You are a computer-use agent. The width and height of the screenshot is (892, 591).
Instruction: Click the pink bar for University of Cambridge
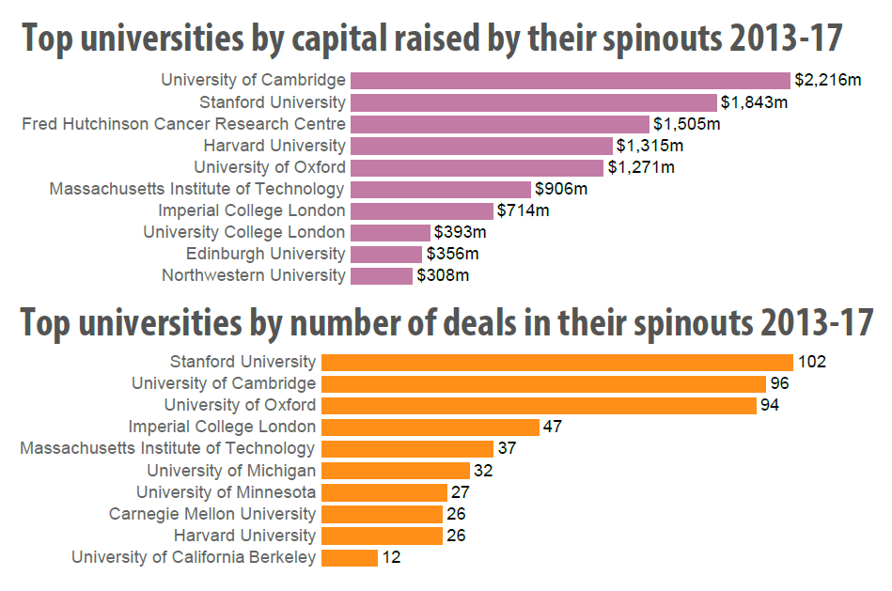point(570,81)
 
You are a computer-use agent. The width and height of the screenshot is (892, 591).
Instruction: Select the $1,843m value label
point(754,102)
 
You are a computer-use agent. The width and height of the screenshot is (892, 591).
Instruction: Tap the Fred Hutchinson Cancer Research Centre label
point(183,124)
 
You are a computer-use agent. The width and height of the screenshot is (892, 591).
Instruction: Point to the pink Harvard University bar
point(481,147)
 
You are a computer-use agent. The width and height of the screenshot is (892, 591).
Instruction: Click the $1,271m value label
point(641,167)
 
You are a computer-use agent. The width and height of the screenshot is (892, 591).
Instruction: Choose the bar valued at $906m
point(440,190)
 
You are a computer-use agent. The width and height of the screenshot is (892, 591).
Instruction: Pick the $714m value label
point(523,210)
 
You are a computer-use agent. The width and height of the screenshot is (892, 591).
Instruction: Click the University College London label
point(244,232)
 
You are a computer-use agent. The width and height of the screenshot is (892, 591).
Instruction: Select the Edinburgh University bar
point(386,255)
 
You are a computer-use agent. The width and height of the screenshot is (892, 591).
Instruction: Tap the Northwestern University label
point(254,275)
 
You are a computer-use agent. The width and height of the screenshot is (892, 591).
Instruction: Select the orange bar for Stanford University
point(557,363)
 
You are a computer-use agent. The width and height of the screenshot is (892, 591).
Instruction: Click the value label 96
point(779,383)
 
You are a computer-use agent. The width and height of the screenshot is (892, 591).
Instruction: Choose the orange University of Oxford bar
point(539,406)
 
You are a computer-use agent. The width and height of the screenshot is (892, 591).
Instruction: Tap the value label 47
point(553,427)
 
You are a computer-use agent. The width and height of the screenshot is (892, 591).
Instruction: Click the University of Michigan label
point(231,471)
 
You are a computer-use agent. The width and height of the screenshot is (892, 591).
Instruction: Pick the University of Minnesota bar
point(384,492)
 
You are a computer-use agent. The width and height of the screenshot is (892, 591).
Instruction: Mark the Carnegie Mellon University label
point(212,514)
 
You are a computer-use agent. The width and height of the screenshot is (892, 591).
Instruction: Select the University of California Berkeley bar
point(350,558)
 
